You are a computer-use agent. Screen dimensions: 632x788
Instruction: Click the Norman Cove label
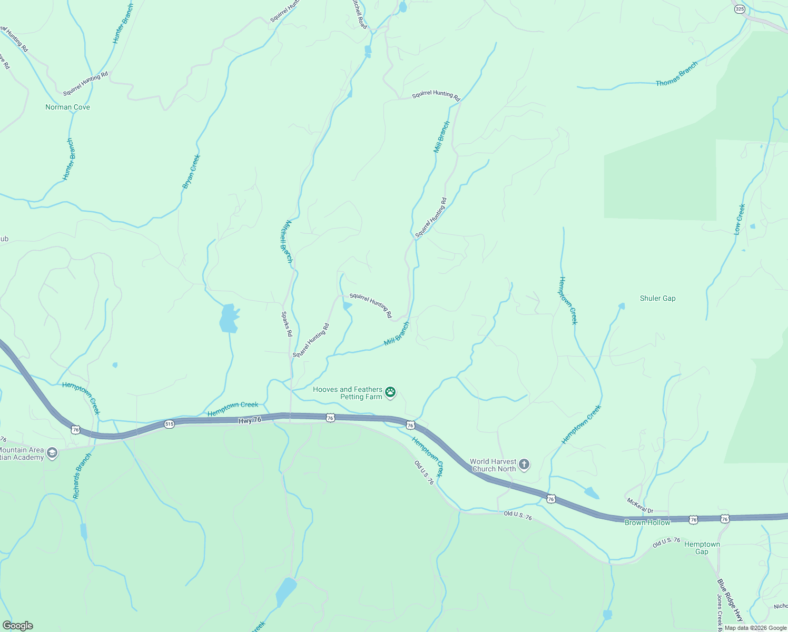click(x=67, y=107)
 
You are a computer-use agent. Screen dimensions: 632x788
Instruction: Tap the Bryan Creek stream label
click(x=191, y=171)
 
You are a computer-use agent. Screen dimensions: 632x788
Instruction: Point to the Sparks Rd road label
click(x=287, y=324)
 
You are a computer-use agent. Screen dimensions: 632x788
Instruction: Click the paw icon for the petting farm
click(x=390, y=392)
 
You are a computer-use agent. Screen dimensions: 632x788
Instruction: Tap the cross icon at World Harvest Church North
click(x=524, y=464)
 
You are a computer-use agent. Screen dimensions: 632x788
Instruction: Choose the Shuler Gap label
click(x=657, y=298)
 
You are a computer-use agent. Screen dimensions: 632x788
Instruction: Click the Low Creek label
click(x=740, y=219)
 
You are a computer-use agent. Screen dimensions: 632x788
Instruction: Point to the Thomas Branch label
click(x=677, y=74)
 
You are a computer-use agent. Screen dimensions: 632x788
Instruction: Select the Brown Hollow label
click(x=647, y=522)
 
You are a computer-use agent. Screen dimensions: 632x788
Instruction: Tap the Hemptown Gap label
click(x=702, y=548)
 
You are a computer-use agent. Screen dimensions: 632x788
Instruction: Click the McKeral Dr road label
click(x=639, y=506)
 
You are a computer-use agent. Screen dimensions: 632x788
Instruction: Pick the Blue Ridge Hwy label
click(x=730, y=600)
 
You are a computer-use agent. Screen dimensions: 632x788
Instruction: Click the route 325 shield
click(x=740, y=8)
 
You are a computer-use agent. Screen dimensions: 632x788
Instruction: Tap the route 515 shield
click(x=169, y=424)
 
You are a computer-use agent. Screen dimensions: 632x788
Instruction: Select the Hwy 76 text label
click(x=250, y=420)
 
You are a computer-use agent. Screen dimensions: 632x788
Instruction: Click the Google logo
click(x=18, y=626)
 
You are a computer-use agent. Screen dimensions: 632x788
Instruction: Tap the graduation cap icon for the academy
click(x=52, y=453)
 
